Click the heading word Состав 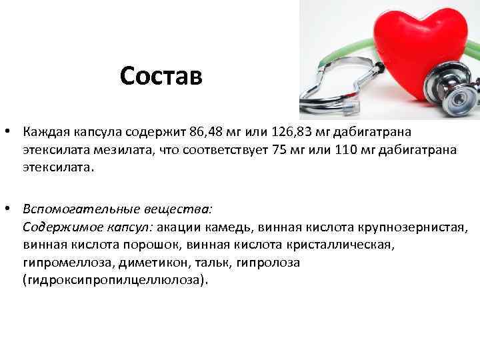click(161, 76)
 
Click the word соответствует click(221, 149)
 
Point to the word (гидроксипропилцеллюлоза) click(115, 281)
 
